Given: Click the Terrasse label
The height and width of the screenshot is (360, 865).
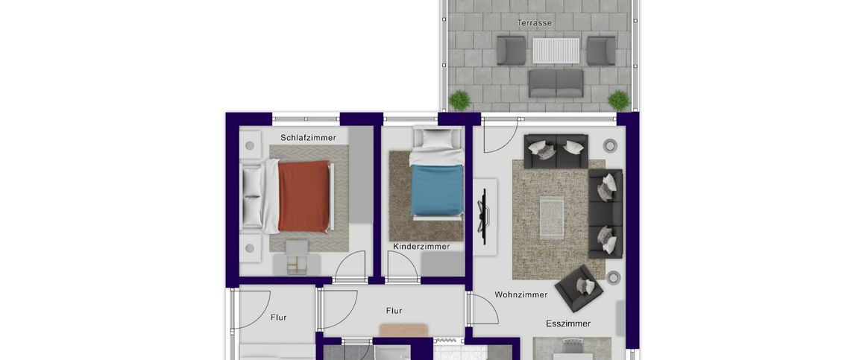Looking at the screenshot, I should pyautogui.click(x=535, y=22).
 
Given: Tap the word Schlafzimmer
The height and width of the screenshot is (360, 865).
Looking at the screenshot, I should pyautogui.click(x=308, y=138).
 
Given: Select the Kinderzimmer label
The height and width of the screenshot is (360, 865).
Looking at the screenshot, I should pyautogui.click(x=421, y=246).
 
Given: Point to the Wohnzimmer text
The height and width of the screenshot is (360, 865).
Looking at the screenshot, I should pyautogui.click(x=520, y=294).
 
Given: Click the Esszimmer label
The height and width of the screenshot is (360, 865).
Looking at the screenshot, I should pyautogui.click(x=567, y=323).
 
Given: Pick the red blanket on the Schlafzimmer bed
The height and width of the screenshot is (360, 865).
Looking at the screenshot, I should pyautogui.click(x=303, y=196).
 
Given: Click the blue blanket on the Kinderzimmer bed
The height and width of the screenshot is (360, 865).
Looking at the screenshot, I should pyautogui.click(x=437, y=190).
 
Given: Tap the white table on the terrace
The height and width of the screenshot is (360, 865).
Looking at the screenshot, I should pyautogui.click(x=556, y=51).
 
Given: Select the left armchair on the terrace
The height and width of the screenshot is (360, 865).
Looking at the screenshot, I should pyautogui.click(x=512, y=51).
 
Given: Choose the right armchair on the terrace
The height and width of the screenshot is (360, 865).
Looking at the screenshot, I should pyautogui.click(x=600, y=51).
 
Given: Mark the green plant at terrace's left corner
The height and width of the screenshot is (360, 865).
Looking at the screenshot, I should pyautogui.click(x=459, y=99).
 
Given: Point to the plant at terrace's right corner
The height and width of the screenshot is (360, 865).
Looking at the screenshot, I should pyautogui.click(x=618, y=99).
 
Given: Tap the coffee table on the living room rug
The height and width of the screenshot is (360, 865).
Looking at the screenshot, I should pyautogui.click(x=553, y=216).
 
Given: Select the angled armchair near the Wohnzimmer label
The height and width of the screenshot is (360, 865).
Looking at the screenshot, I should pyautogui.click(x=578, y=288).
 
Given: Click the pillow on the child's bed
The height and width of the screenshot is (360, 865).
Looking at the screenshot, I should pyautogui.click(x=437, y=139).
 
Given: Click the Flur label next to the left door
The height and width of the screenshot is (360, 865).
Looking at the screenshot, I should pyautogui.click(x=278, y=317).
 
